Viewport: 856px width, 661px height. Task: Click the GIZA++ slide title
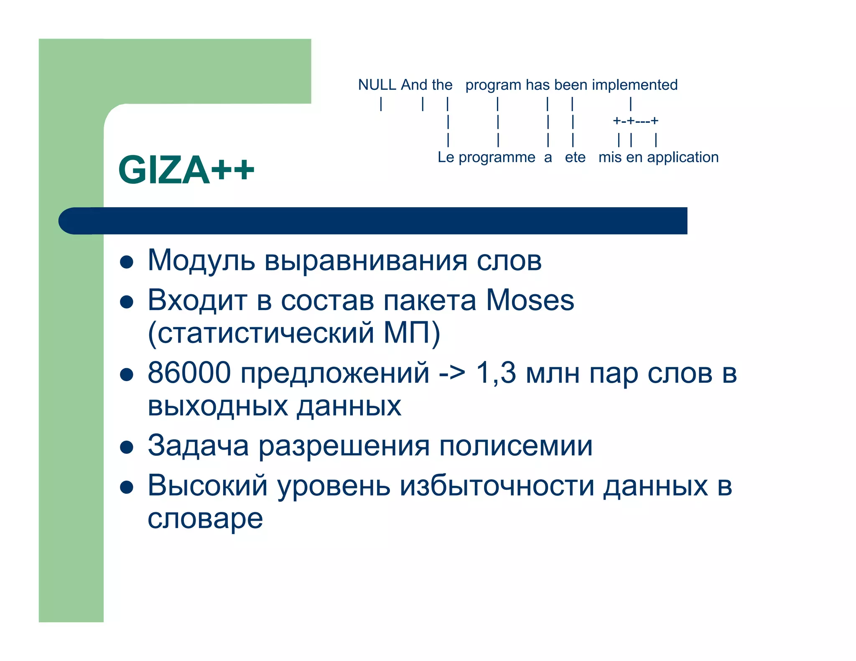tap(186, 170)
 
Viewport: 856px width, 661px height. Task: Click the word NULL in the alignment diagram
tap(377, 85)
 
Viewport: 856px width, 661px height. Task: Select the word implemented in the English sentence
tap(634, 85)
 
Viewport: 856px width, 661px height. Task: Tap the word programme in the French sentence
tap(497, 158)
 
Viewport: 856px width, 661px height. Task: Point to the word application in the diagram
tap(683, 157)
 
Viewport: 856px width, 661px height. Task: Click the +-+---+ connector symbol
tap(635, 121)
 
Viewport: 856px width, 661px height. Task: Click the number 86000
tap(189, 372)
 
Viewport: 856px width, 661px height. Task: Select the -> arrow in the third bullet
tap(452, 372)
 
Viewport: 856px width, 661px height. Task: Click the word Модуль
tap(201, 260)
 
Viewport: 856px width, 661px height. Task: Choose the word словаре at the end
tap(205, 519)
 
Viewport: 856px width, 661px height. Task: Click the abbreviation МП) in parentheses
tap(412, 333)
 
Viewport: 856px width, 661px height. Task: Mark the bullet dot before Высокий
tap(126, 487)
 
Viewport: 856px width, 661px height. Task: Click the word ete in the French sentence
tap(575, 158)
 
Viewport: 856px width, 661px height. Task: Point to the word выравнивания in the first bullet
tap(365, 260)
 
